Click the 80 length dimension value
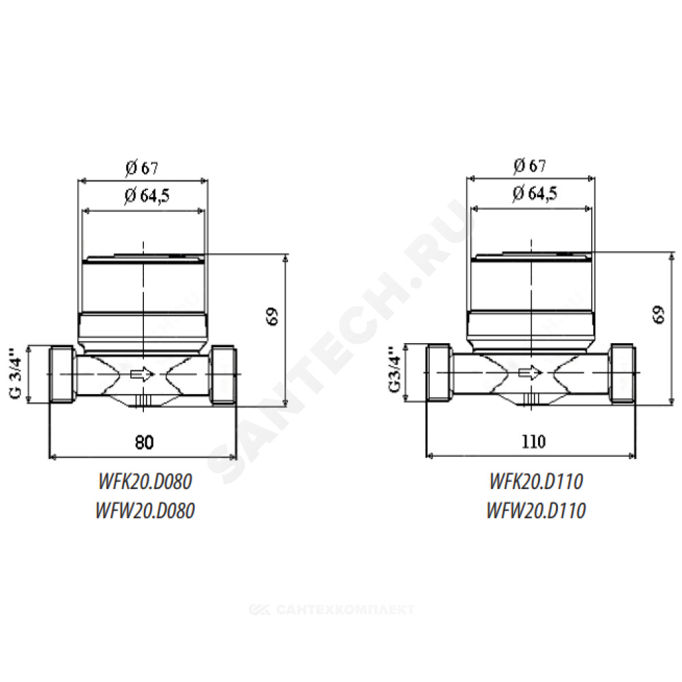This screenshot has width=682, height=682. coord(145,443)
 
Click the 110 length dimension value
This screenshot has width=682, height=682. coord(533,441)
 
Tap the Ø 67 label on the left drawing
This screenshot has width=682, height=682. coord(142,168)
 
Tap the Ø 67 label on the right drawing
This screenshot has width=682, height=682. coord(529,165)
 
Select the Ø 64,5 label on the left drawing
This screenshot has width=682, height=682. coord(147,195)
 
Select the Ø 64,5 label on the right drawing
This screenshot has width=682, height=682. coord(535,193)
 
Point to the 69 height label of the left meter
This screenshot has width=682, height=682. coord(273,316)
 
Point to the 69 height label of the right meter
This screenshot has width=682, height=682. coord(659,314)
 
